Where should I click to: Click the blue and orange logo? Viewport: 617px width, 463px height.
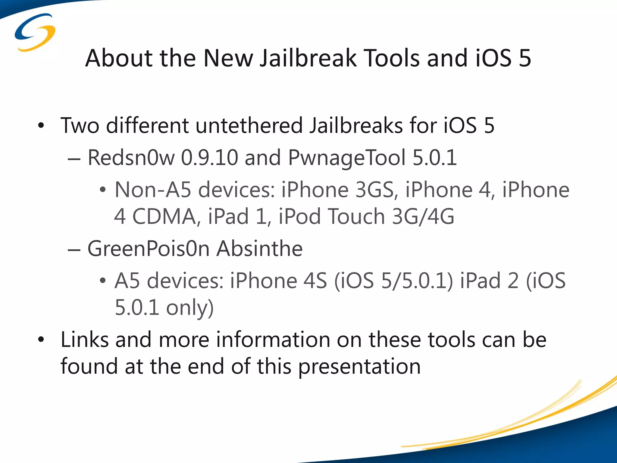pyautogui.click(x=35, y=33)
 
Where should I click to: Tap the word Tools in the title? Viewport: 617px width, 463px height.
pyautogui.click(x=392, y=58)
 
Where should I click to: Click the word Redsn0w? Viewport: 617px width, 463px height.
pyautogui.click(x=131, y=158)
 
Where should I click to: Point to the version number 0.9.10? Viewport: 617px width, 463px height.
pyautogui.click(x=209, y=158)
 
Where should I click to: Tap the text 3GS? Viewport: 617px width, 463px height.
pyautogui.click(x=374, y=190)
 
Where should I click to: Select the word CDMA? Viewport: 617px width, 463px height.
pyautogui.click(x=164, y=216)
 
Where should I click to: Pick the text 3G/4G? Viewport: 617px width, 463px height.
pyautogui.click(x=423, y=216)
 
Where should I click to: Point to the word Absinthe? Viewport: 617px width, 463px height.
pyautogui.click(x=260, y=249)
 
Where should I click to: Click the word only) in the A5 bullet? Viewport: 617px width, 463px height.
pyautogui.click(x=190, y=308)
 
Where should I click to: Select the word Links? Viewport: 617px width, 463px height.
pyautogui.click(x=85, y=340)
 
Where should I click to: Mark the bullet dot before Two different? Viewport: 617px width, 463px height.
pyautogui.click(x=41, y=126)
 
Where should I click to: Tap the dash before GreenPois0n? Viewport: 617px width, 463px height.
pyautogui.click(x=74, y=250)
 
